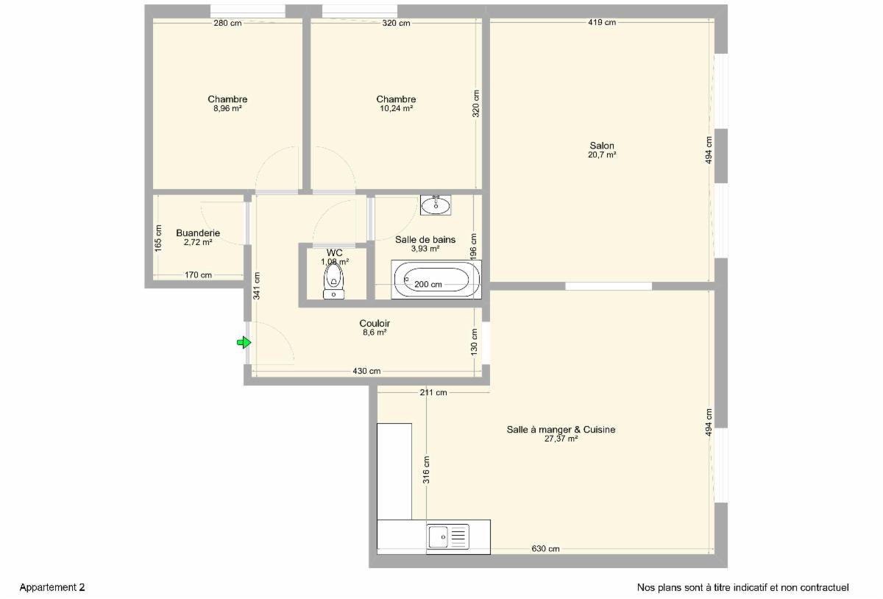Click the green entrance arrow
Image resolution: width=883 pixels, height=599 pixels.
[244, 342]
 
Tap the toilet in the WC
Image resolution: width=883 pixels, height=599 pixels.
[333, 281]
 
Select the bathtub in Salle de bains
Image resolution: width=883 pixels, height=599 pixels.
[436, 279]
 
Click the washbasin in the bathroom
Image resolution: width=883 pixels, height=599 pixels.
[436, 205]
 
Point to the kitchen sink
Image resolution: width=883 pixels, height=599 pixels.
[448, 536]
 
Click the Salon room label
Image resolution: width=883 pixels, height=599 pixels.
[602, 146]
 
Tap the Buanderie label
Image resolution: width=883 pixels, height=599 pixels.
[198, 233]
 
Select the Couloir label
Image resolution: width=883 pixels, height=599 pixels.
[375, 323]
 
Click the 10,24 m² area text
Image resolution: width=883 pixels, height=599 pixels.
[396, 108]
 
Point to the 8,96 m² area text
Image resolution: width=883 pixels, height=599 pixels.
[227, 108]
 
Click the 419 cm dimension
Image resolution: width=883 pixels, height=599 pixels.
[602, 23]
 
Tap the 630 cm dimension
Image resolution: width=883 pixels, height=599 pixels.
[545, 548]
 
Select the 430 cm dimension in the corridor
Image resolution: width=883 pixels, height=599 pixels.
[366, 371]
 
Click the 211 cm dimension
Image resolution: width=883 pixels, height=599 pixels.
[433, 392]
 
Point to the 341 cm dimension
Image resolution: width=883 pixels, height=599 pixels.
[257, 286]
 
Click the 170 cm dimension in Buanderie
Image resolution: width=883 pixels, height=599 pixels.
[198, 275]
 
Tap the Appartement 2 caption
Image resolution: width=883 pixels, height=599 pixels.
[52, 587]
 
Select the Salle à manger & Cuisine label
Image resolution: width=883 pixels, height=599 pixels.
[561, 430]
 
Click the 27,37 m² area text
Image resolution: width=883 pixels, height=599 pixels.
[561, 439]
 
